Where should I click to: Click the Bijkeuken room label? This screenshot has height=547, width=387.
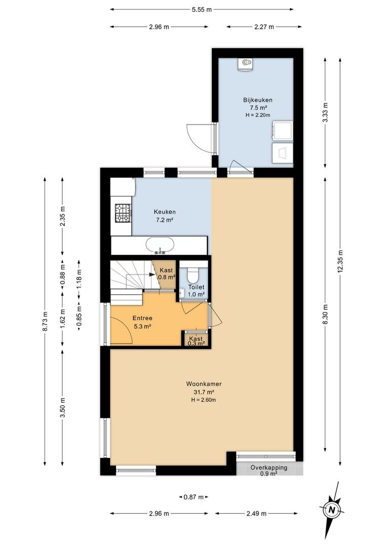coord(257,100)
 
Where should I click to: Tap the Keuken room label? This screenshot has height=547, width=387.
coord(164,212)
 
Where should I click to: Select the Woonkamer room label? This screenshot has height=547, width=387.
coord(204,384)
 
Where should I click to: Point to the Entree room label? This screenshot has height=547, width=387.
coord(142,318)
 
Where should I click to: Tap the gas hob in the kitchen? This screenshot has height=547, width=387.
coord(123,213)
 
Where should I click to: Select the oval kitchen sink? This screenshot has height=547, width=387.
coord(160,245)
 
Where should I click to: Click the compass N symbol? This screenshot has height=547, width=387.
coord(332,511)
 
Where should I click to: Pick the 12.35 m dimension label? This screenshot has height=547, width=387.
coord(340,261)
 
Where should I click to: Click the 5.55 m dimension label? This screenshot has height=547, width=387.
coord(202,10)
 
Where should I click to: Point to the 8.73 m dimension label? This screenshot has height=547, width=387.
coord(45,321)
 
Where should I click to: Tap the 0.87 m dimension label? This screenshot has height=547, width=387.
coord(193,497)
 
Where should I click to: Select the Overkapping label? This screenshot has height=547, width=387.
coord(268,467)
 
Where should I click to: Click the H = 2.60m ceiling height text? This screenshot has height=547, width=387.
coord(204,400)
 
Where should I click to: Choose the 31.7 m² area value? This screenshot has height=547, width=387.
coord(204,392)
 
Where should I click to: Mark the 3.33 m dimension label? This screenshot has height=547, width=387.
coord(325,112)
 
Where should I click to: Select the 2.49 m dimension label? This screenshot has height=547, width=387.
coord(256,514)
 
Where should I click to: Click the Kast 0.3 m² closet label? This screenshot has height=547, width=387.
coord(196,341)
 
